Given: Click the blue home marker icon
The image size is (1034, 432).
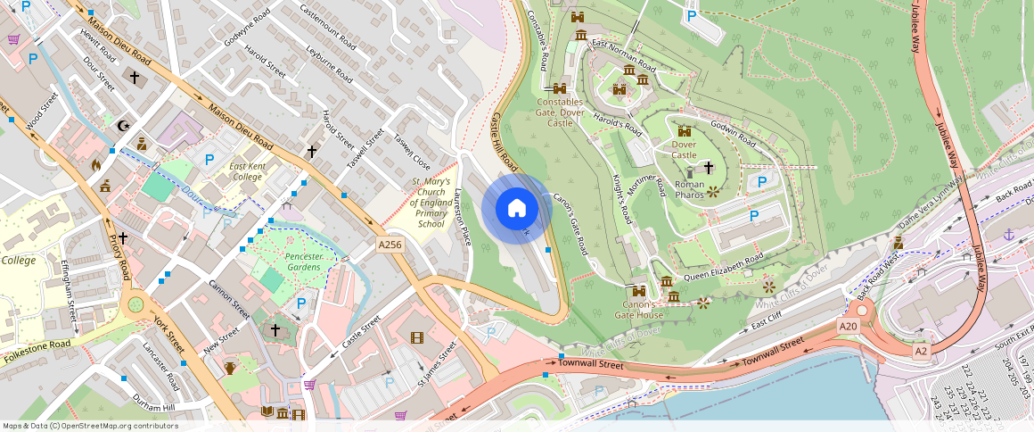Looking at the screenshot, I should pyautogui.click(x=516, y=209).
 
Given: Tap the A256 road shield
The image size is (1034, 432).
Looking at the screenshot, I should pyautogui.click(x=390, y=245).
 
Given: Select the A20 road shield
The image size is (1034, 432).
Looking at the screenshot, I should pyautogui.click(x=848, y=327).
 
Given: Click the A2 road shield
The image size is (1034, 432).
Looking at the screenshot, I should pyautogui.click(x=922, y=352).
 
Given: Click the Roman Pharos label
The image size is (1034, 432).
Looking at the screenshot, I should pyautogui.click(x=690, y=189).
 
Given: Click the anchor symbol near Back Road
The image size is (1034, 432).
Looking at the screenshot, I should pyautogui.click(x=1009, y=234).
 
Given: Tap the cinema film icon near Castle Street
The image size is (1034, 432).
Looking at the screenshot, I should pyautogui.click(x=417, y=337).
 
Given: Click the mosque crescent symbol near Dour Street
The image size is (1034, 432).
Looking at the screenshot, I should pyautogui.click(x=123, y=125).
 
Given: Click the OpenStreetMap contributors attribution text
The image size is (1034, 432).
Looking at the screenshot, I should pyautogui.click(x=90, y=426).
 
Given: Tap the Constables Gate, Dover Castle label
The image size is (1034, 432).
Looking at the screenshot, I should pyautogui.click(x=560, y=112).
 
